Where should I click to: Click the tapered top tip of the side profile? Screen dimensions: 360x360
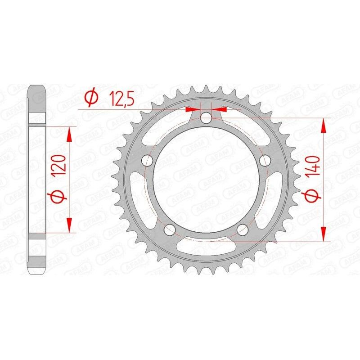click(x=38, y=88)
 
